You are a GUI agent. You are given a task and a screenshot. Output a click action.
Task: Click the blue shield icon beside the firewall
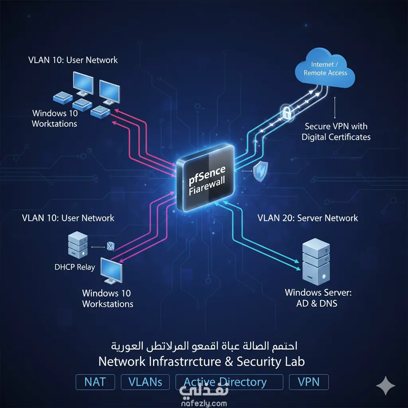[x=261, y=172]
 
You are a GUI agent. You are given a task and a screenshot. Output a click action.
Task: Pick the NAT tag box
[x=95, y=382]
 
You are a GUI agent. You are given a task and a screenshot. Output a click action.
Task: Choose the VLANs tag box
[x=145, y=382]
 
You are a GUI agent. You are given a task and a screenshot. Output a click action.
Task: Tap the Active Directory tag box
[x=229, y=382]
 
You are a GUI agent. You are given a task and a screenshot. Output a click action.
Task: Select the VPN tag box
[x=309, y=382]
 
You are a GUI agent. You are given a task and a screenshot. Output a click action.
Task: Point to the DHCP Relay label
[x=75, y=267]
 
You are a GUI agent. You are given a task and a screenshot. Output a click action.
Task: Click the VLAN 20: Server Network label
[x=308, y=218]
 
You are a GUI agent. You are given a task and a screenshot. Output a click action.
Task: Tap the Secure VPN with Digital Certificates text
[x=336, y=132]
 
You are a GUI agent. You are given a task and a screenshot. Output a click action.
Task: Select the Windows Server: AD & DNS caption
[x=318, y=298]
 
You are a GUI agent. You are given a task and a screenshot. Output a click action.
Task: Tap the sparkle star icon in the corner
[x=386, y=386]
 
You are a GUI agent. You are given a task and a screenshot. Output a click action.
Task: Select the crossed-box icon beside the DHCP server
[x=110, y=247]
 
